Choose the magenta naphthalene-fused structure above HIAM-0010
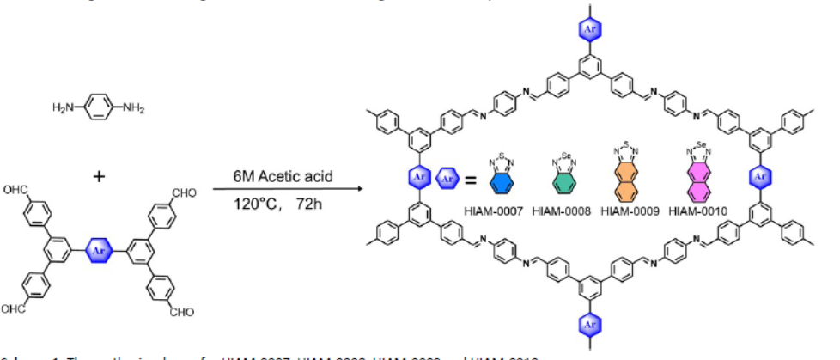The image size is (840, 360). pos(694,179)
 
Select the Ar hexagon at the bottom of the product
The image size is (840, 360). pos(590,326)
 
